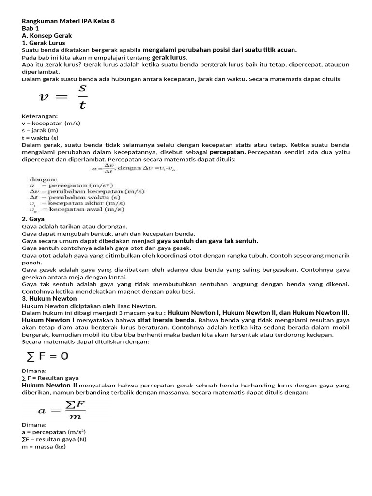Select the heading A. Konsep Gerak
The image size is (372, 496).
pos(47,35)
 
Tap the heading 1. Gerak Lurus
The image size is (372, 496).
pos(44,43)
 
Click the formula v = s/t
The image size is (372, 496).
pos(63,97)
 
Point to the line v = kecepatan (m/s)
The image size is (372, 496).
pos(51,123)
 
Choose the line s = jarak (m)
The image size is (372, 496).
pos(40,130)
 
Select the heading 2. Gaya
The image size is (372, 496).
pos(33,219)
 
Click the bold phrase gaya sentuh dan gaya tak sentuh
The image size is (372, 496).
pos(207,241)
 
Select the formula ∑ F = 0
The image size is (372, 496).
pos(47,356)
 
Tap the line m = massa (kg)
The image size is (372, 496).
pos(44,446)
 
